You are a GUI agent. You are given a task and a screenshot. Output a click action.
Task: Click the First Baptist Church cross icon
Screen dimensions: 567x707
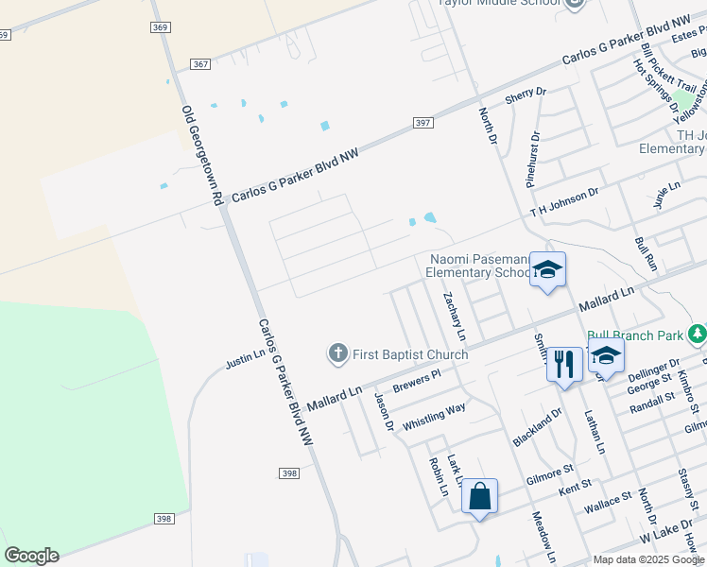pyautogui.click(x=337, y=354)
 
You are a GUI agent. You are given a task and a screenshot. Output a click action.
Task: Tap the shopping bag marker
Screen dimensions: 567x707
pyautogui.click(x=479, y=495)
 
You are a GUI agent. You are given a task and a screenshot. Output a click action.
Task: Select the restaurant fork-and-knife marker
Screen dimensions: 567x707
pyautogui.click(x=564, y=364)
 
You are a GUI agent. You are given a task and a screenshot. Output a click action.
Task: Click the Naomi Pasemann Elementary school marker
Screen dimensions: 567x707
pyautogui.click(x=547, y=270)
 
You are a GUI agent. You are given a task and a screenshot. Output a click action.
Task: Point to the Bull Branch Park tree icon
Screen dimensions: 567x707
pyautogui.click(x=698, y=334)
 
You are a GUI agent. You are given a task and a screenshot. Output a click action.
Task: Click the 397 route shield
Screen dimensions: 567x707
pyautogui.click(x=423, y=124)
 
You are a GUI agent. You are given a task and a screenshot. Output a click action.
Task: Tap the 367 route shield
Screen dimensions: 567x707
pyautogui.click(x=199, y=63)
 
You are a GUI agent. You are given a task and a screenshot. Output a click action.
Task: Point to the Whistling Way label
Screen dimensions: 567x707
pyautogui.click(x=434, y=416)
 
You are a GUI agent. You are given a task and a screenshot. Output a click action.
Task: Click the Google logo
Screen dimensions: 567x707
pyautogui.click(x=31, y=556)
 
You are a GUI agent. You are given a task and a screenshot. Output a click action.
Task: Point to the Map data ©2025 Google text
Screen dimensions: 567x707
pyautogui.click(x=647, y=559)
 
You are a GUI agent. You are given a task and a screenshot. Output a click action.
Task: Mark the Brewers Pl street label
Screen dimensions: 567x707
pyautogui.click(x=417, y=382)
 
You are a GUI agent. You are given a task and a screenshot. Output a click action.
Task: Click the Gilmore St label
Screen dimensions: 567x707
pyautogui.click(x=550, y=469)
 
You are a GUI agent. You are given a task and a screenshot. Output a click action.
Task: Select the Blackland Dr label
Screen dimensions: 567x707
pyautogui.click(x=537, y=428)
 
